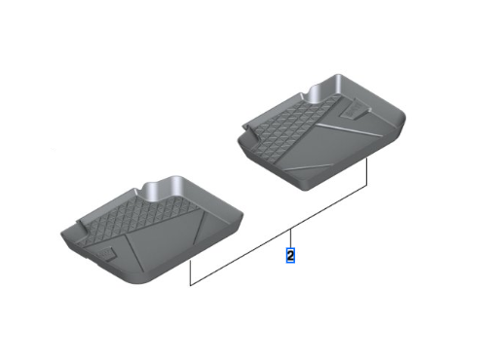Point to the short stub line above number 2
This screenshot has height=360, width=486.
tap(289, 238)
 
